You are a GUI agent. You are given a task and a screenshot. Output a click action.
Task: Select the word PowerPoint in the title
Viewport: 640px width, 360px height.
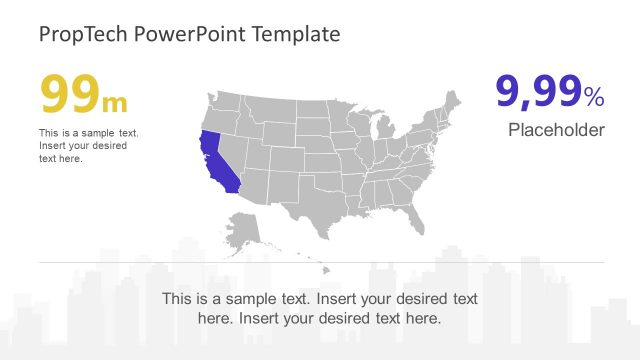click(x=169, y=35)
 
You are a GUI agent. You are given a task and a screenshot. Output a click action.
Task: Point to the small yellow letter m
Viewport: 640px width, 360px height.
click(x=116, y=101)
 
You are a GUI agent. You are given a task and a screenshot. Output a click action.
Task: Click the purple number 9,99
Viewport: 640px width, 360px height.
click(x=539, y=92)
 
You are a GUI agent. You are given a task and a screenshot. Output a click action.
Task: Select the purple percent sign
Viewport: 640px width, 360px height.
click(x=594, y=97)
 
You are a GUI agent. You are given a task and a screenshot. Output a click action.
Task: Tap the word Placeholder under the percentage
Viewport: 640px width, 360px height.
click(x=556, y=130)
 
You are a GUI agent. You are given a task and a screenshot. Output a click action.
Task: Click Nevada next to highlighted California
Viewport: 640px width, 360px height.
click(x=233, y=148)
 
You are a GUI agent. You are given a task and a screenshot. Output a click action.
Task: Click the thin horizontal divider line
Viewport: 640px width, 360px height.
click(x=320, y=263)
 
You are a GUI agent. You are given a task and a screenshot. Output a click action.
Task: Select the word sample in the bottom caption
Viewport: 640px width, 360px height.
click(x=266, y=299)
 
